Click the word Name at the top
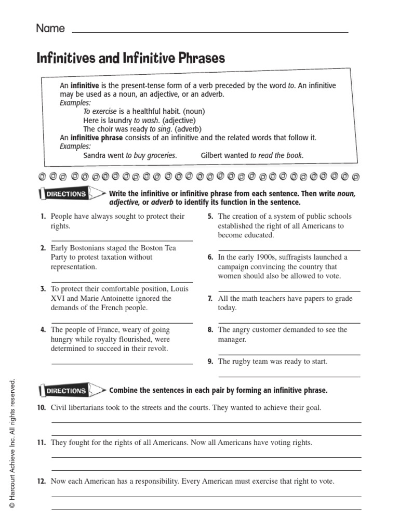50,29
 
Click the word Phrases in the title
199,58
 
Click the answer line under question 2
122,282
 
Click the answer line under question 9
289,377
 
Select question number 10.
42,408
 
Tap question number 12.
42,482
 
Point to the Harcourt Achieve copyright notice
16,445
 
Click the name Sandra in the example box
95,155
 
